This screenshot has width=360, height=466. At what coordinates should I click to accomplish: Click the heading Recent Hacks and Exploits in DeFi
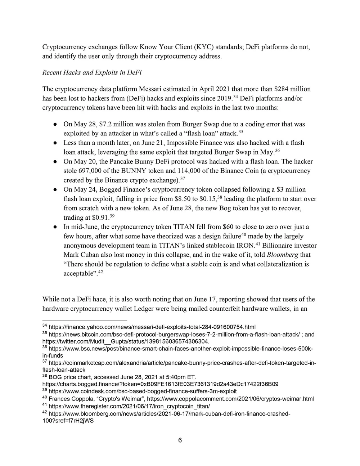92,73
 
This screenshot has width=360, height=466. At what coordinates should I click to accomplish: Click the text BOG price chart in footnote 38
69,377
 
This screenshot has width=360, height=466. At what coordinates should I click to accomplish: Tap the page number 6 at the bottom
180,440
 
